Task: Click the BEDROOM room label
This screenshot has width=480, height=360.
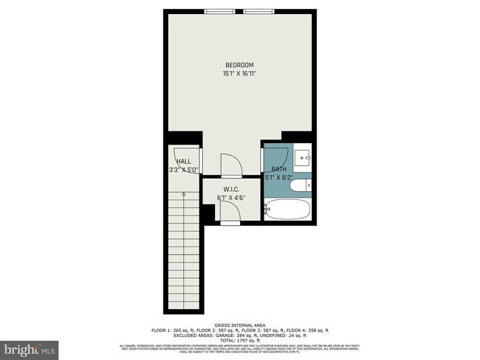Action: pyautogui.click(x=239, y=65)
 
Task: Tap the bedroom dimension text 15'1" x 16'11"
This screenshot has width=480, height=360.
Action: pyautogui.click(x=239, y=74)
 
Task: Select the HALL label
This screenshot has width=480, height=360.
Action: pyautogui.click(x=183, y=161)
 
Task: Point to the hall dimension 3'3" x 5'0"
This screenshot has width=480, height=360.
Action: pyautogui.click(x=183, y=170)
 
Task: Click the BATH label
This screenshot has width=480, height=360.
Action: pyautogui.click(x=278, y=169)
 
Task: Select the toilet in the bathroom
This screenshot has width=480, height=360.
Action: pyautogui.click(x=301, y=185)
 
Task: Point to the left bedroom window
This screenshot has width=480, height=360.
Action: pyautogui.click(x=216, y=10)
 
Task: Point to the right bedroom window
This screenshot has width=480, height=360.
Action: pyautogui.click(x=258, y=10)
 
